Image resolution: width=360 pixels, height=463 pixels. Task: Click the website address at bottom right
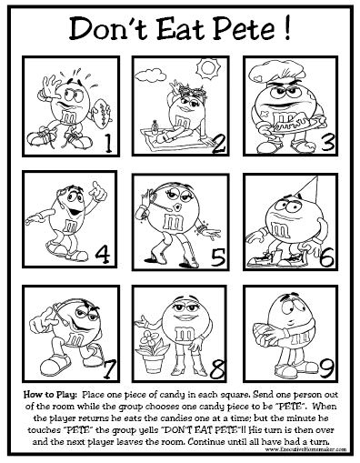292,443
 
